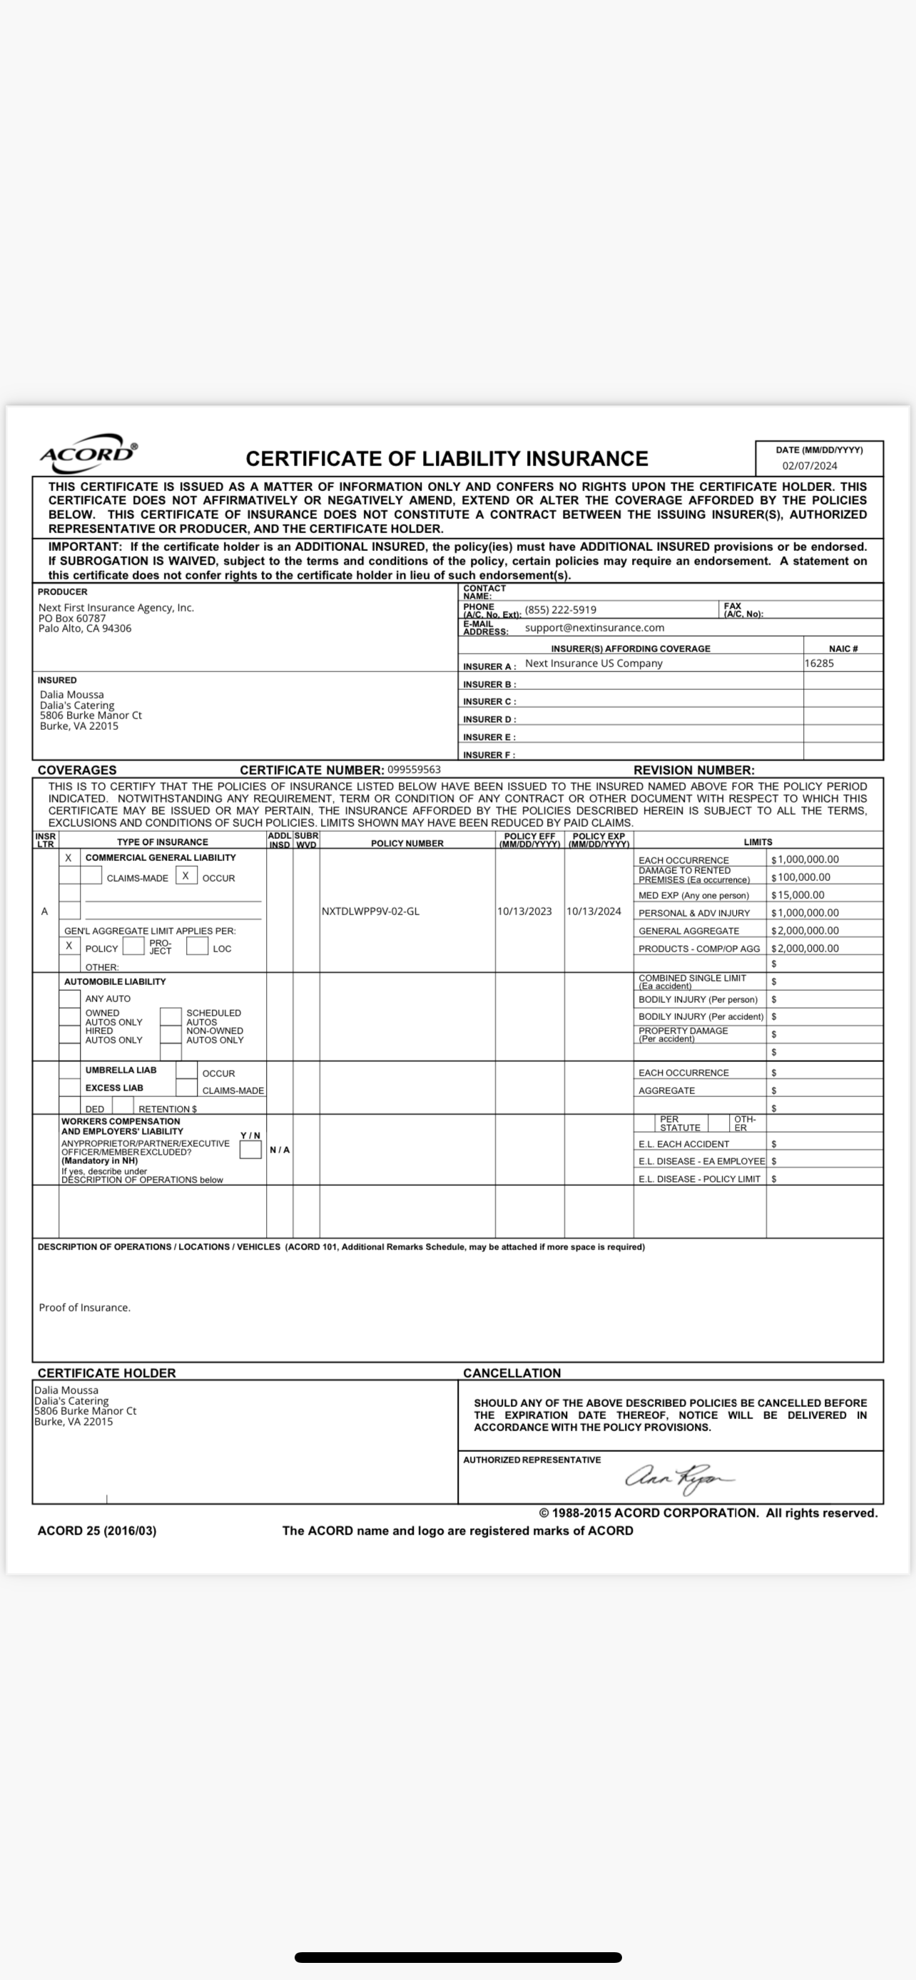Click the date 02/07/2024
(x=809, y=466)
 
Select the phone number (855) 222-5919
(x=560, y=610)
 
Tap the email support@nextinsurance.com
(x=594, y=628)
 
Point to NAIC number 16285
(x=819, y=664)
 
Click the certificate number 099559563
(x=414, y=769)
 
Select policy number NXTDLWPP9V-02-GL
(x=371, y=912)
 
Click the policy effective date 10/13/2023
(x=524, y=912)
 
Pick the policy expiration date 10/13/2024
(x=594, y=912)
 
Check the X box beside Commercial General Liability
(x=69, y=858)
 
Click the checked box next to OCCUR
(x=185, y=876)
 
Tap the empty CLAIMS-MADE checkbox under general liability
(x=91, y=876)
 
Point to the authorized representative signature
(x=678, y=1478)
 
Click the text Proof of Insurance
(x=85, y=1307)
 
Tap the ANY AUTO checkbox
(x=70, y=999)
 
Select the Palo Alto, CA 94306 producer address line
(x=85, y=629)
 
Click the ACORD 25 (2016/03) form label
(x=97, y=1530)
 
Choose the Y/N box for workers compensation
(x=250, y=1150)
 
